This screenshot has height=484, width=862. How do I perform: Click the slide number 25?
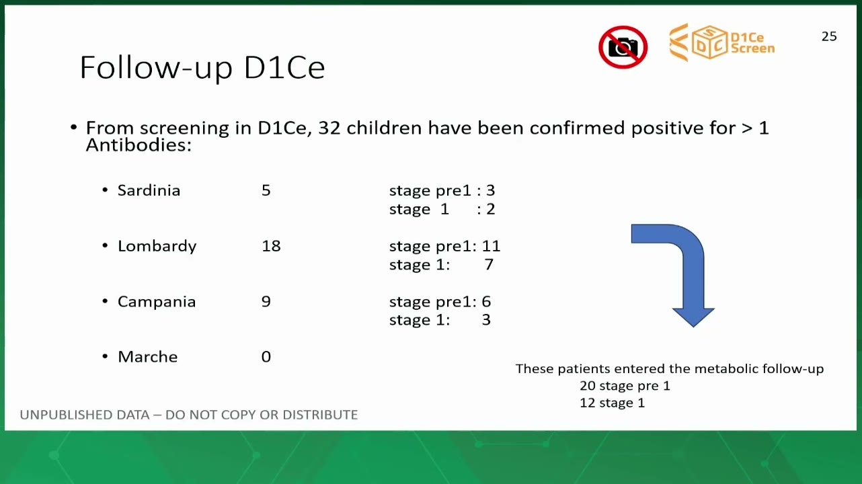[x=829, y=36]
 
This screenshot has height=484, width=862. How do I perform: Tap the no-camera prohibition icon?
[x=623, y=47]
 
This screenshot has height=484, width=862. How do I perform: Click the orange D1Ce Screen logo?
[x=722, y=42]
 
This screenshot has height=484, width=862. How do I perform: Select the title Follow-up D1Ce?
[x=202, y=68]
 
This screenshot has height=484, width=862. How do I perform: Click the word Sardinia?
[x=149, y=190]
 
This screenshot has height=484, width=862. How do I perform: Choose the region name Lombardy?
[x=157, y=247]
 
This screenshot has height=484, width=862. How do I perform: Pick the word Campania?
[x=157, y=302]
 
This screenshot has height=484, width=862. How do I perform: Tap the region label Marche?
[x=148, y=357]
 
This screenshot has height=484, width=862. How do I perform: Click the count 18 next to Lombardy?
[x=271, y=246]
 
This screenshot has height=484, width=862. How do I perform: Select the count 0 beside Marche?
[x=266, y=357]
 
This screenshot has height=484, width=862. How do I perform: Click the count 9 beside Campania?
[x=266, y=301]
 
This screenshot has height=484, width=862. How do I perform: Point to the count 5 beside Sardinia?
[x=266, y=190]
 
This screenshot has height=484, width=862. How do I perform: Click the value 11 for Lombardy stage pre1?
[x=491, y=246]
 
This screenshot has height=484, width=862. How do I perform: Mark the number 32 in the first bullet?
[x=329, y=128]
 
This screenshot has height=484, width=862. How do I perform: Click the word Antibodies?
[x=139, y=145]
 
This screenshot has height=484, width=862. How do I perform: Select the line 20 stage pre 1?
[x=625, y=385]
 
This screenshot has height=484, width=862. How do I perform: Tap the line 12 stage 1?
[x=613, y=403]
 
